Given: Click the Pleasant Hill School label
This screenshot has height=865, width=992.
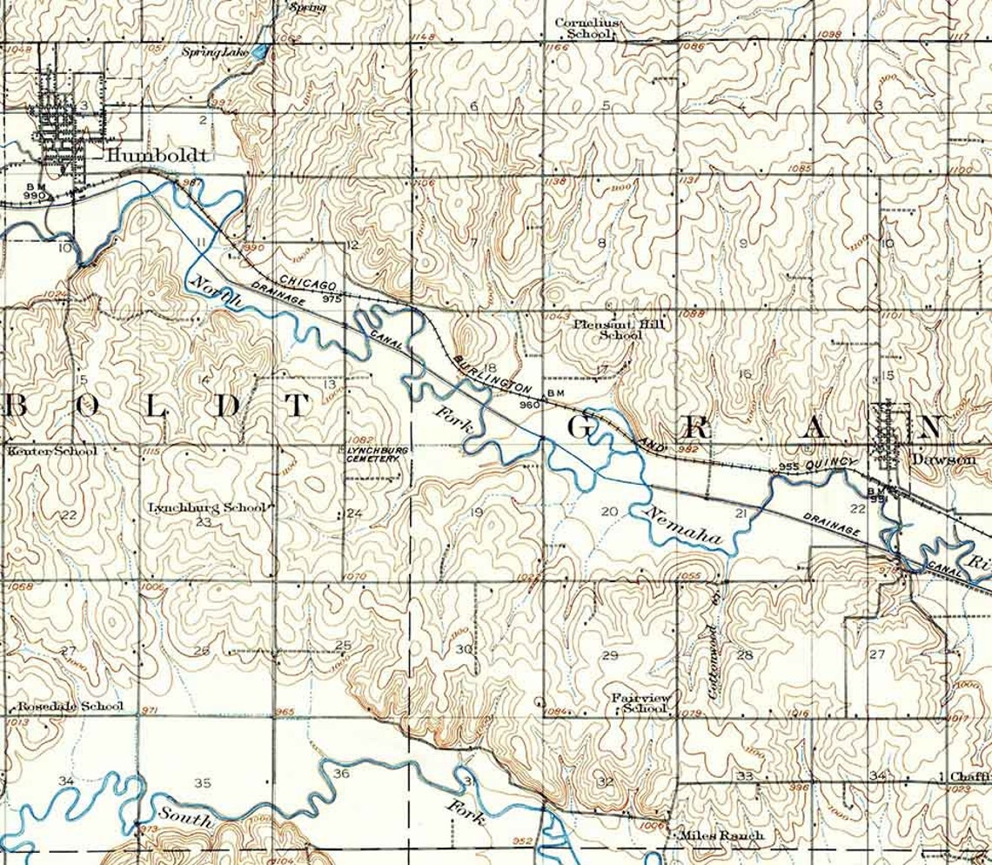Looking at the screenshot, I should pyautogui.click(x=607, y=329).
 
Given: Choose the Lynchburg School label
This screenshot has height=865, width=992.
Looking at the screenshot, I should pyautogui.click(x=205, y=506).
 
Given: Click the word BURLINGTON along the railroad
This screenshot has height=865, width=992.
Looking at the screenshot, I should pyautogui.click(x=492, y=372).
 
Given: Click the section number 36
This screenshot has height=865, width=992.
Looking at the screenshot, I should pyautogui.click(x=341, y=774).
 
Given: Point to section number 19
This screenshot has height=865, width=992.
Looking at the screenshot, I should pyautogui.click(x=476, y=513).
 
